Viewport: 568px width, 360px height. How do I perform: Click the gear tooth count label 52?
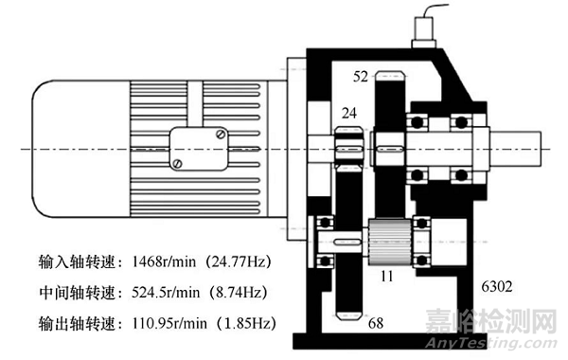coord(360,77)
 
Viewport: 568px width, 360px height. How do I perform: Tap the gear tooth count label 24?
coord(348,113)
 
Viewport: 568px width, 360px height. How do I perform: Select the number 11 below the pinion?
coord(387,277)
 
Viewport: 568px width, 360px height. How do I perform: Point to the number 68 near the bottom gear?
coord(376,323)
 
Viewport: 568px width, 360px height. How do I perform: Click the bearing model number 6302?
coord(497,286)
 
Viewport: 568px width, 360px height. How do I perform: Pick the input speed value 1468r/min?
coord(164,261)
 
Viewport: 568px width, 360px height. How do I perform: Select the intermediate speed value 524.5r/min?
coord(166,292)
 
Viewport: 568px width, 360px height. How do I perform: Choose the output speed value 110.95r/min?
coord(169,323)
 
